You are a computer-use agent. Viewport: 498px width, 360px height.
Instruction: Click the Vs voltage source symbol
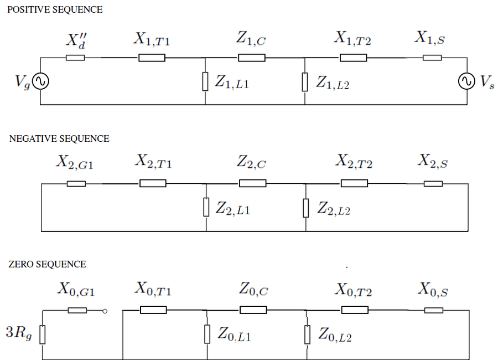click(x=466, y=81)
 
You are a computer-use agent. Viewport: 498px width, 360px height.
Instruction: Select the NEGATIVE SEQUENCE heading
click(x=59, y=139)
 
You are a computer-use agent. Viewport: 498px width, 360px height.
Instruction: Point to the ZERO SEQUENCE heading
click(x=48, y=264)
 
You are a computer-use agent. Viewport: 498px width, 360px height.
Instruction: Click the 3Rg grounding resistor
click(x=42, y=334)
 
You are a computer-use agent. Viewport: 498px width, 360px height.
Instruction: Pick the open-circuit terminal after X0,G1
click(x=105, y=310)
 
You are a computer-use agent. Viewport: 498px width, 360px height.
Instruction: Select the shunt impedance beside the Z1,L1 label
click(x=205, y=81)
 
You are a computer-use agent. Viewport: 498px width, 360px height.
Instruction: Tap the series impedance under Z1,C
click(x=252, y=58)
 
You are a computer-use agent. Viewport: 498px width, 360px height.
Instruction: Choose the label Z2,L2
click(x=334, y=209)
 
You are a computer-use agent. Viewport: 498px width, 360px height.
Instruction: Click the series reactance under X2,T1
click(x=153, y=183)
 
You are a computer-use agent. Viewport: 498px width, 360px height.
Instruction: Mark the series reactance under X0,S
click(x=433, y=310)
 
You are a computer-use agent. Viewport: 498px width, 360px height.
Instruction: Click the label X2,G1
click(x=75, y=162)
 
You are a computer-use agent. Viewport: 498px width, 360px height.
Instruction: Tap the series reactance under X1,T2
click(x=353, y=58)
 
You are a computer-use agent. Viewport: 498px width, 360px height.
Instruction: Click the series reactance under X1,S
click(x=432, y=58)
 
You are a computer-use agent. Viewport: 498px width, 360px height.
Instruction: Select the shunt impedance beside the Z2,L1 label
click(x=206, y=207)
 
